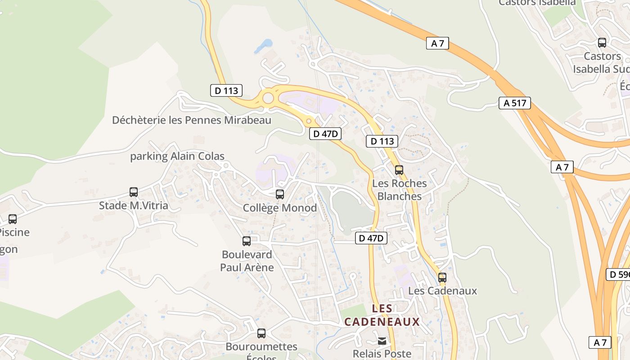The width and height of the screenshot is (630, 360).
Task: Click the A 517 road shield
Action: (515, 103)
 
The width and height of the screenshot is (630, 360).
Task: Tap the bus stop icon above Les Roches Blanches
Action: (399, 170)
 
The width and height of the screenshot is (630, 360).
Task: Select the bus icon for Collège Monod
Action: (280, 194)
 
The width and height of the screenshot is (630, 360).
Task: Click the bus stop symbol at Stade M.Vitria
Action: (134, 192)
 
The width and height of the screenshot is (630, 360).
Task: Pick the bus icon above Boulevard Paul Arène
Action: (247, 241)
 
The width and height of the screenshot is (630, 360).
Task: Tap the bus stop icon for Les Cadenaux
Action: (442, 278)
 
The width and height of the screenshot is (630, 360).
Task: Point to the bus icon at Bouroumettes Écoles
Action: (261, 333)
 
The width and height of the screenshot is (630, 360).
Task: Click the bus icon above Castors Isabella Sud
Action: (602, 43)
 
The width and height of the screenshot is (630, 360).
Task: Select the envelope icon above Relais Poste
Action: (382, 341)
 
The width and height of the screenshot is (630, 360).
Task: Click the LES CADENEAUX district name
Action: (382, 315)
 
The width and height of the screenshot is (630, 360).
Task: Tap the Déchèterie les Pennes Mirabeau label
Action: (192, 120)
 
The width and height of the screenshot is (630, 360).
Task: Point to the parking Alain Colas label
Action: (177, 156)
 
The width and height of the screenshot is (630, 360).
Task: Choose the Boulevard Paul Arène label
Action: (247, 261)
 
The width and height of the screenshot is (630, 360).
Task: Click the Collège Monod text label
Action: (280, 208)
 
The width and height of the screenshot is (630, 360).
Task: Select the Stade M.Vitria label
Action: (134, 206)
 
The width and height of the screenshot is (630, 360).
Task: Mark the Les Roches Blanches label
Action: (400, 190)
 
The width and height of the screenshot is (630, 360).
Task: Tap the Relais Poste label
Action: (382, 354)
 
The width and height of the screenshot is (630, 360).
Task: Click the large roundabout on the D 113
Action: (268, 98)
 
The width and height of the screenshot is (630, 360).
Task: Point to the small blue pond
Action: (264, 45)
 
